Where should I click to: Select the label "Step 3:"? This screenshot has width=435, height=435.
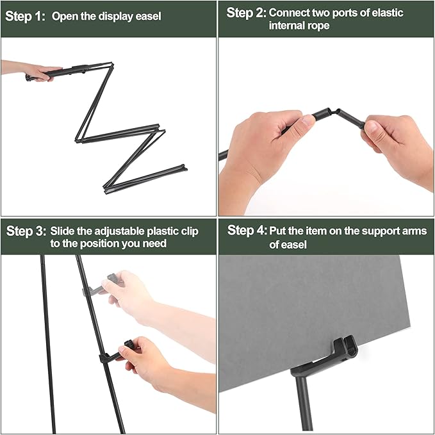tap(26, 231)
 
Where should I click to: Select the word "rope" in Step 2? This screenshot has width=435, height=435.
tap(318, 26)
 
